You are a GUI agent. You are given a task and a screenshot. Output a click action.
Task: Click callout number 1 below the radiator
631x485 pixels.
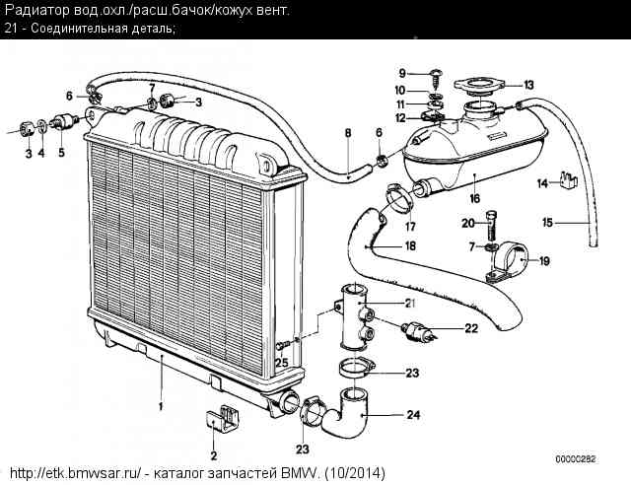point(160,405)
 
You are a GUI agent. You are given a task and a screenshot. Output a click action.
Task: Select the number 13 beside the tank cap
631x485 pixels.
point(528,84)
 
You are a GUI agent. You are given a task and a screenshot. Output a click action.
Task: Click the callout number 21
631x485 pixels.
point(411,303)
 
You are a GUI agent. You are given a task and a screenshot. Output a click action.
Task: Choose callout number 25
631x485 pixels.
point(282,363)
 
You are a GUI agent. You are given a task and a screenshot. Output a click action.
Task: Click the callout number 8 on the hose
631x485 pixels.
point(347,131)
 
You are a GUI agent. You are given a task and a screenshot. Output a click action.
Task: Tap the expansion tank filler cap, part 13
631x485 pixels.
point(482,85)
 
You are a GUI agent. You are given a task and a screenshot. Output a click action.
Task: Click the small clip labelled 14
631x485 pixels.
point(568,179)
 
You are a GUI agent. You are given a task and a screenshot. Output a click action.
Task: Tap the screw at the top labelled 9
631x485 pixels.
point(435,73)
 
